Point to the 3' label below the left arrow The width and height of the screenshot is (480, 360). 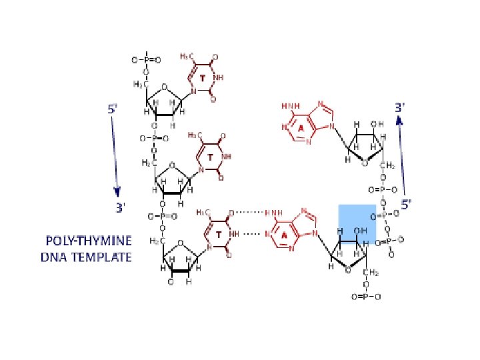tap(119, 208)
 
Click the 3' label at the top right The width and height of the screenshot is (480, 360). tap(400, 107)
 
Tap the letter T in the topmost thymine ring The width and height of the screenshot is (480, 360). tap(203, 79)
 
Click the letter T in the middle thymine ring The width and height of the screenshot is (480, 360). tap(210, 158)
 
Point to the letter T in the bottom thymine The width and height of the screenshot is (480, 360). tap(219, 235)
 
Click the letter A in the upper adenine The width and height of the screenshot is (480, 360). tap(301, 127)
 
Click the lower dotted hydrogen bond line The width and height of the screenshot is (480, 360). tap(251, 234)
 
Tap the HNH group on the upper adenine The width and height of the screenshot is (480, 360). tap(291, 106)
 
